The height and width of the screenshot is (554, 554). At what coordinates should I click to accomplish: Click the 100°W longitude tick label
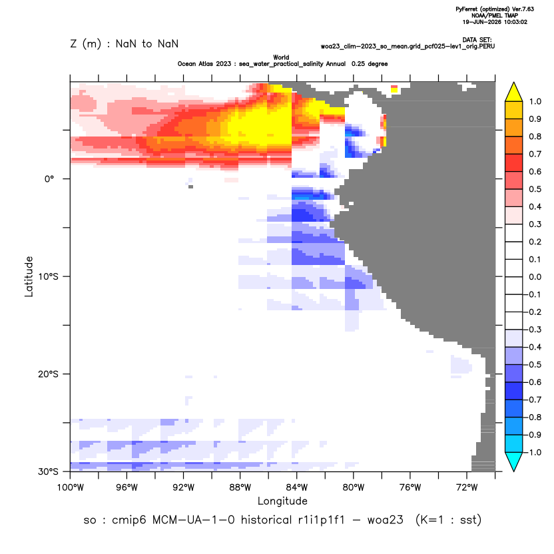(71, 487)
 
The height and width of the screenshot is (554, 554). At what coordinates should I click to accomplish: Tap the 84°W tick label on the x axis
(297, 487)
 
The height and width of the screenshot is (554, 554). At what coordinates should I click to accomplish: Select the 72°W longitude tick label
(467, 487)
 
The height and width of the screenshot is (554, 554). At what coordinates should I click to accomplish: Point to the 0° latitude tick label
(49, 178)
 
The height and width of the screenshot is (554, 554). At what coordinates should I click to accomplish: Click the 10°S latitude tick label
(48, 276)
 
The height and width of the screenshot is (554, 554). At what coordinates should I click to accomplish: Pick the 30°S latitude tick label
(48, 471)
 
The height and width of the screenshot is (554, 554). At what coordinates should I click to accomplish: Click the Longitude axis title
(282, 501)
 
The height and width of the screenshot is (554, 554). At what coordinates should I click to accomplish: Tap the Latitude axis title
(29, 276)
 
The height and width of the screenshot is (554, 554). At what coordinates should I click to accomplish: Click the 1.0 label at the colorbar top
(535, 101)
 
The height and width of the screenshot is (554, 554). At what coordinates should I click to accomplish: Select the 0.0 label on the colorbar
(535, 276)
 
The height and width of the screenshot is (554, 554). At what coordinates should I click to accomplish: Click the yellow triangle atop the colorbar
(514, 92)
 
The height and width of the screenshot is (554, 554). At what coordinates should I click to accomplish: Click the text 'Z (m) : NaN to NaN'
(125, 44)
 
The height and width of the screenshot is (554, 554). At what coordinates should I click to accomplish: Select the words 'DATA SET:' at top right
(477, 40)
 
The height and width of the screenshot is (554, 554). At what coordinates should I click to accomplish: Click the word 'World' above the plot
(281, 57)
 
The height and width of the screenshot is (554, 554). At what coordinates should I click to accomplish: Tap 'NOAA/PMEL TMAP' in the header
(495, 15)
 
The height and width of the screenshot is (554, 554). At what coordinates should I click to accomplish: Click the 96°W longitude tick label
(127, 487)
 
